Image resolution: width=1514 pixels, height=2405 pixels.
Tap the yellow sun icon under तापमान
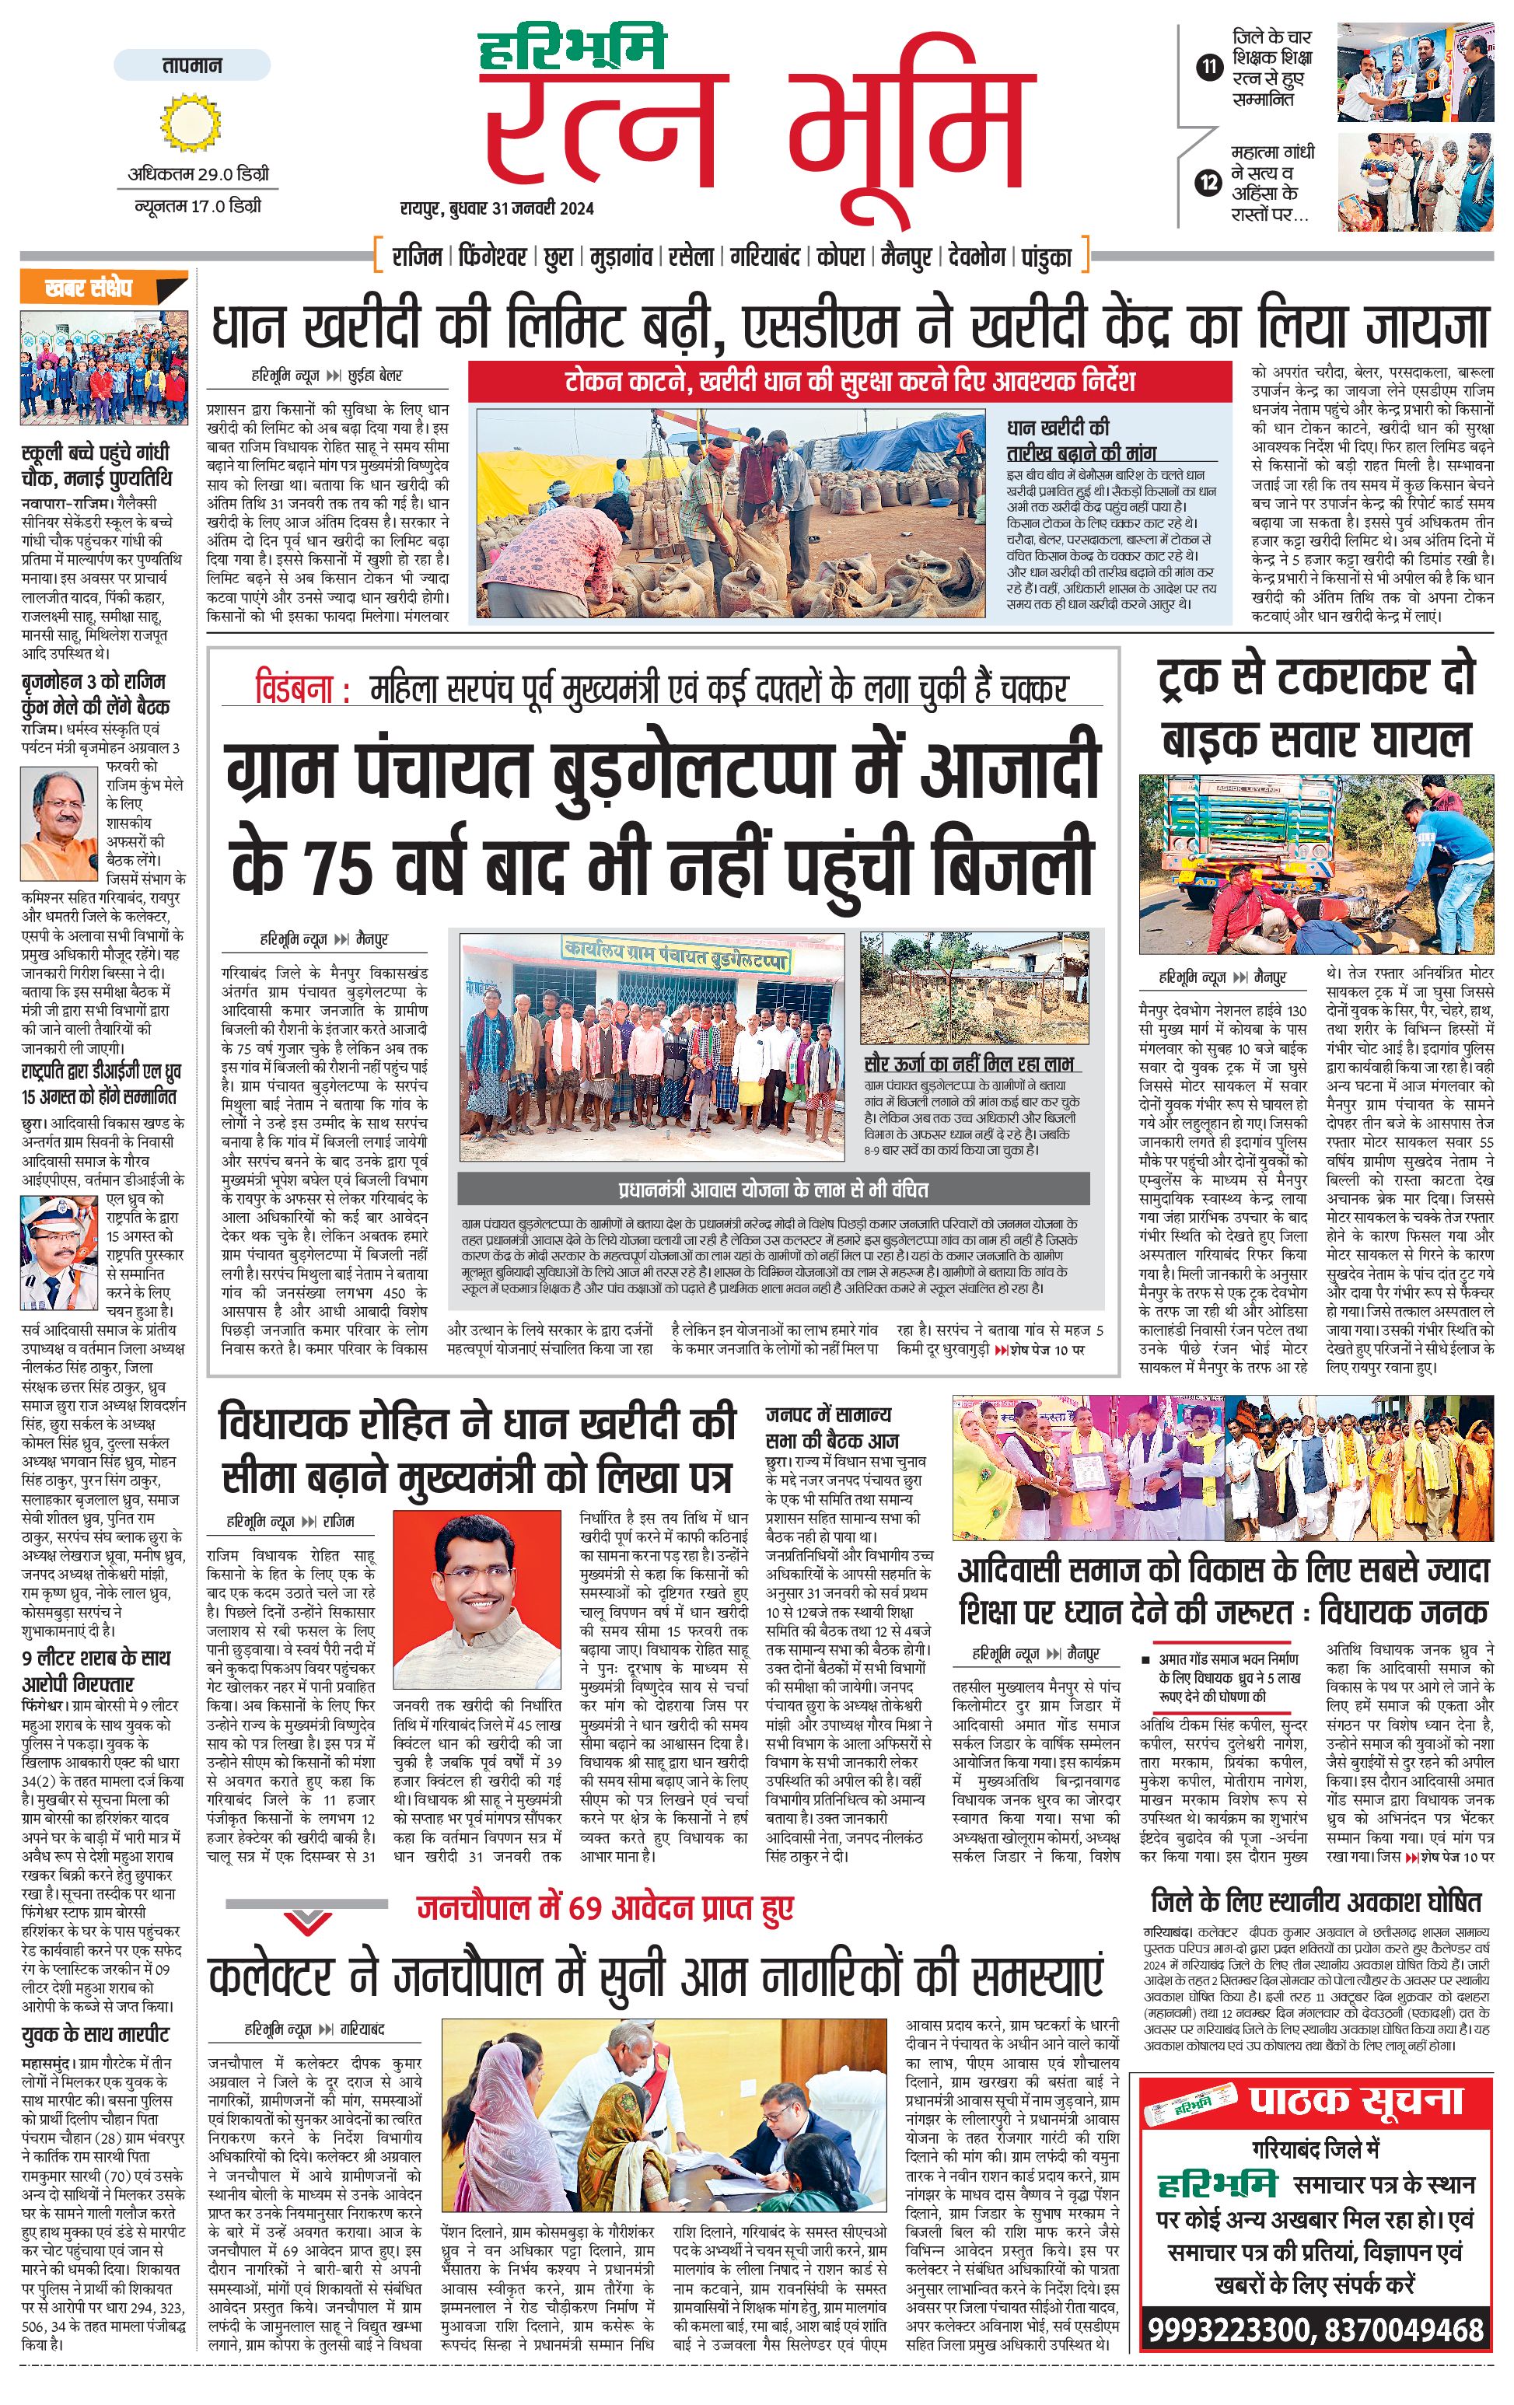pos(190,121)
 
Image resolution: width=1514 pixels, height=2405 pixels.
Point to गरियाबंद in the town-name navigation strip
pos(765,257)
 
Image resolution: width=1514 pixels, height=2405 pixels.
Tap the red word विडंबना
pos(302,690)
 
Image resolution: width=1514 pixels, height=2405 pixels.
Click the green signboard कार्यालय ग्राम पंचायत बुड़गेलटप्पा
pos(676,955)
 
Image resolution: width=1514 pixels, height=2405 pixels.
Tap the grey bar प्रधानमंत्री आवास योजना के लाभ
pos(773,1189)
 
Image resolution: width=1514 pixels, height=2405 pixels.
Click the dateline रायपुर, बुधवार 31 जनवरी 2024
pos(496,208)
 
